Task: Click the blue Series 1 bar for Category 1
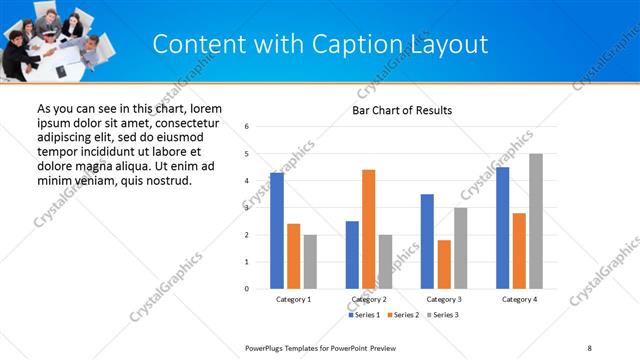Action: (277, 231)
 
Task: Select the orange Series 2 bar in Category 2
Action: (368, 229)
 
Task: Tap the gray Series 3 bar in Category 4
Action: (536, 221)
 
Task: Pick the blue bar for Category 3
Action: (427, 241)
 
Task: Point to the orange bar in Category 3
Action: (444, 264)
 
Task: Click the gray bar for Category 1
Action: (310, 262)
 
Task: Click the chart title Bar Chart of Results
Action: (402, 110)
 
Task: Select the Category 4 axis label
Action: (519, 299)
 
